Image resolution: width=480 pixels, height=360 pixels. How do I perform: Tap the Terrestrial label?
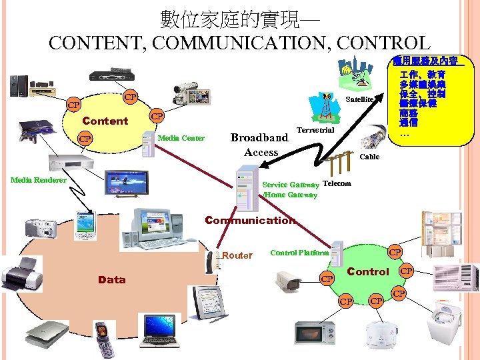tap(315, 130)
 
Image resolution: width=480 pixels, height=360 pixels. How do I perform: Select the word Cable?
tap(369, 157)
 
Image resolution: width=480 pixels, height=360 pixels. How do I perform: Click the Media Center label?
tap(182, 138)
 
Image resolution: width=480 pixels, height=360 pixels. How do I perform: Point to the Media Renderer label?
tap(39, 180)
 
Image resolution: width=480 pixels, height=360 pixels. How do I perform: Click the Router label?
tap(237, 255)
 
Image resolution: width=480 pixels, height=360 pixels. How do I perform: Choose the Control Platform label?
tap(299, 253)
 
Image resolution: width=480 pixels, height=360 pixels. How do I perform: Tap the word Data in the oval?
tap(111, 279)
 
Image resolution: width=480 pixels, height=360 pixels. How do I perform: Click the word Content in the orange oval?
tap(105, 121)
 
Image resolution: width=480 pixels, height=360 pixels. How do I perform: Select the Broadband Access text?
tap(260, 145)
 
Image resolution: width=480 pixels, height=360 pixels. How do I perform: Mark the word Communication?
tap(250, 220)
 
